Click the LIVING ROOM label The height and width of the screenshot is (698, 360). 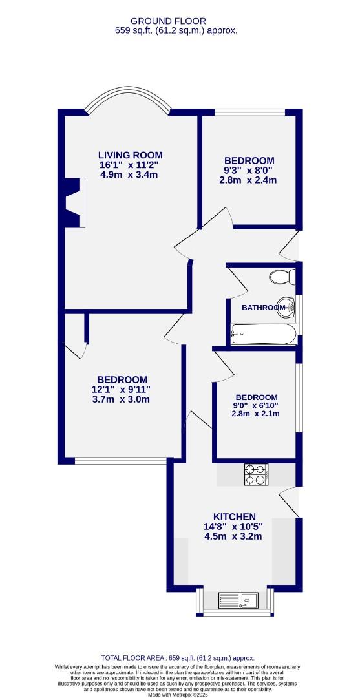pos(131,155)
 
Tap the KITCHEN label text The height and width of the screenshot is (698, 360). pos(235,517)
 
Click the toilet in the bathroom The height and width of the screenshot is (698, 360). pos(282,277)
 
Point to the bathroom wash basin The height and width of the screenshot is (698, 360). pos(286,308)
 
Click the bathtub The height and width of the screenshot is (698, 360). pos(264,334)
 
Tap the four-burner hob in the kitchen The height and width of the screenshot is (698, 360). pos(257,474)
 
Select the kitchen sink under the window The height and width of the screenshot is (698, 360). pos(237,600)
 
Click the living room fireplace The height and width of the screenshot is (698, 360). pos(75,202)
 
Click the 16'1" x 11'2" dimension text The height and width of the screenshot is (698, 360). pos(129,165)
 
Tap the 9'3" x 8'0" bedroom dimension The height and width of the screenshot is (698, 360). pos(249,170)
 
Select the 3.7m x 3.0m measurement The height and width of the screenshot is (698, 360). pos(121,399)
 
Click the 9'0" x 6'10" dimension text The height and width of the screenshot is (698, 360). pos(255,405)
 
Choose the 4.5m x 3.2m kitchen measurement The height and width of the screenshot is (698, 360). pos(233,536)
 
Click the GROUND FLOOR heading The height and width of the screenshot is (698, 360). pos(168,21)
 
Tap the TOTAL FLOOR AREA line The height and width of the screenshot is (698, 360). pos(178,658)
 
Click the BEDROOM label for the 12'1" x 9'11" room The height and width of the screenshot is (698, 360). pos(122,380)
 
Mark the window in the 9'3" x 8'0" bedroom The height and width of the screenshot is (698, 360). pos(249,112)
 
